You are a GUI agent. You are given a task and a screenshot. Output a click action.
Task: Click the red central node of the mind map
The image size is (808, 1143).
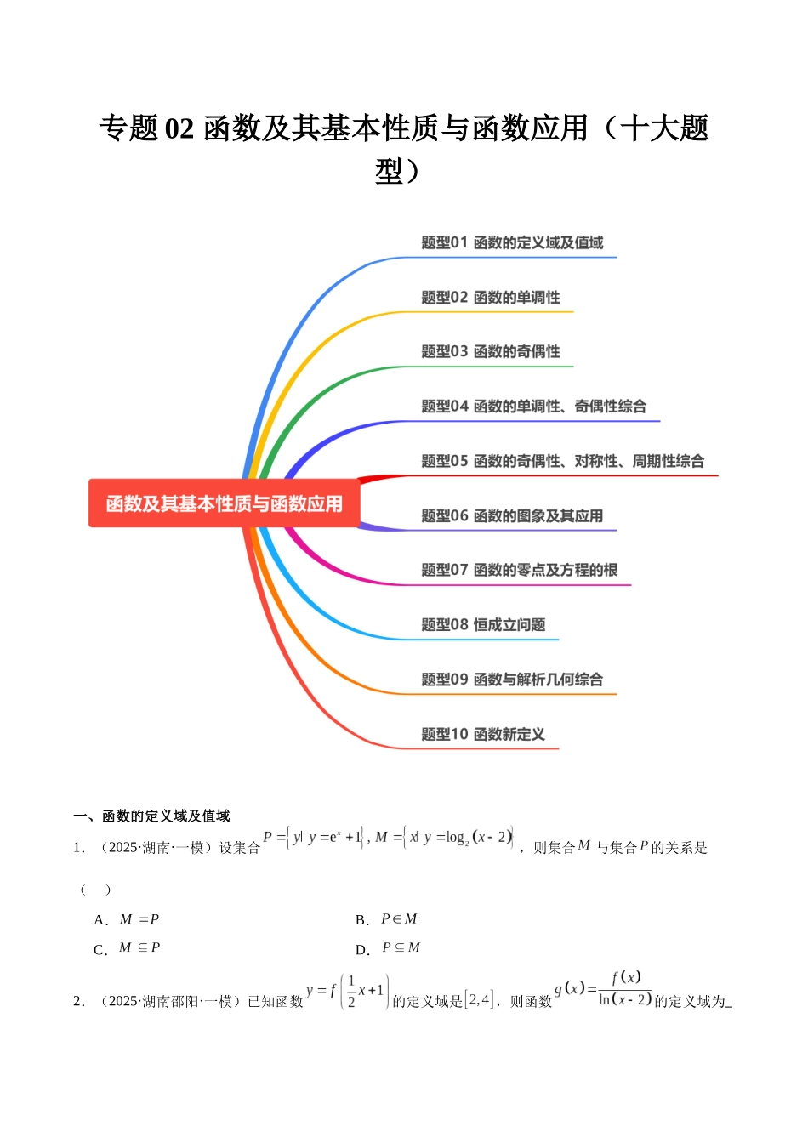225,503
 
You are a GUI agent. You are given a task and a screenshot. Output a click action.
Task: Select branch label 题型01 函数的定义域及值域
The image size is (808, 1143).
512,242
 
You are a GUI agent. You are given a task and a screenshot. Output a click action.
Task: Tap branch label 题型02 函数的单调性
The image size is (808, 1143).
491,297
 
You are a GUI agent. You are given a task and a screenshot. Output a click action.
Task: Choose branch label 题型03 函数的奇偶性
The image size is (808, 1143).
491,351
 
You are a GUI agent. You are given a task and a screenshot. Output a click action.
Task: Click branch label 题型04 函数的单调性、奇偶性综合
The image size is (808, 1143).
533,407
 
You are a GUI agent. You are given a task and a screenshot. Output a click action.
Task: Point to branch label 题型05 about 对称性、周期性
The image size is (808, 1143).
562,461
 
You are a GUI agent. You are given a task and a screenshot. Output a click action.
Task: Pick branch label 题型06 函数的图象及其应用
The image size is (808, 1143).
512,515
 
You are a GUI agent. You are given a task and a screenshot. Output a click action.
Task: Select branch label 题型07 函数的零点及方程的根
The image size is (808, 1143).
519,570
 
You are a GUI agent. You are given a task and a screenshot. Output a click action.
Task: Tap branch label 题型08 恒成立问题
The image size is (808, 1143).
483,624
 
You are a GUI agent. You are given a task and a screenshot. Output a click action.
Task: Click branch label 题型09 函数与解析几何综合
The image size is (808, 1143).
512,680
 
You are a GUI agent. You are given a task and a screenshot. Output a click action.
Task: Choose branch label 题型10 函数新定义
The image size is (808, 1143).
483,734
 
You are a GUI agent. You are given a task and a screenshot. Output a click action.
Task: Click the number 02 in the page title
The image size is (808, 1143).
179,128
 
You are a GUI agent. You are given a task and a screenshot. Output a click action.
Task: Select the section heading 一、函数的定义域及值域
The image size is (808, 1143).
151,816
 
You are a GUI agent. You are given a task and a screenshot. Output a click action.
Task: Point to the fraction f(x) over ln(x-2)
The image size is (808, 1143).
625,989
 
